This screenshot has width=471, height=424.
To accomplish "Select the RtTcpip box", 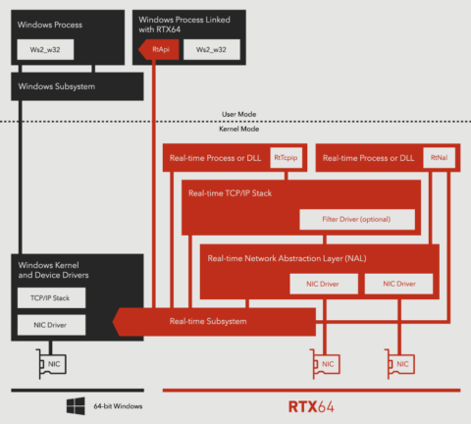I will pyautogui.click(x=288, y=157).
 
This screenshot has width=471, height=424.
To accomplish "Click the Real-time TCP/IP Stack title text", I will pyautogui.click(x=233, y=193).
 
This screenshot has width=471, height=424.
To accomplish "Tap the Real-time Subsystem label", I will pyautogui.click(x=207, y=321).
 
